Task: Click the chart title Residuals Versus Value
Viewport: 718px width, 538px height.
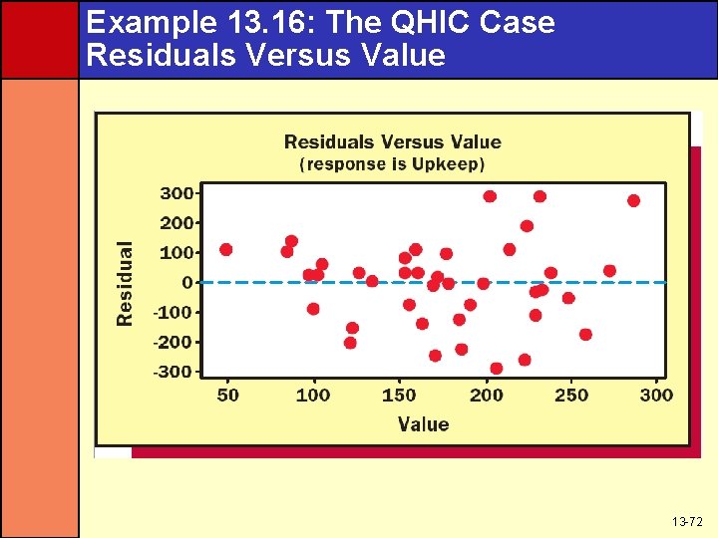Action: click(x=392, y=142)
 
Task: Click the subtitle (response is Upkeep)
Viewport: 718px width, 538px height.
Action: click(x=392, y=163)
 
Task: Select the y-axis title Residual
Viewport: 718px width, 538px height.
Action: click(x=126, y=283)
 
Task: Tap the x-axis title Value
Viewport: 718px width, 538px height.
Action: click(x=423, y=424)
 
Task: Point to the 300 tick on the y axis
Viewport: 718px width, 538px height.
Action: click(x=179, y=193)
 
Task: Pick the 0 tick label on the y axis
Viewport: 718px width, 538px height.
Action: click(x=186, y=283)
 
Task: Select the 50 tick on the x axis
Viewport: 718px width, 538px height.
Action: click(x=228, y=396)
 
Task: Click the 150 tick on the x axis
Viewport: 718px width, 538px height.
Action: click(x=399, y=396)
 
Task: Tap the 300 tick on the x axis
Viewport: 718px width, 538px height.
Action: click(x=656, y=396)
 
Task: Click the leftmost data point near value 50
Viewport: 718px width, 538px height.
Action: click(x=226, y=249)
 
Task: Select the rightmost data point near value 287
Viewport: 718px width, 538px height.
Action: click(x=633, y=200)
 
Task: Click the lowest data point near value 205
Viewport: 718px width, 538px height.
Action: click(x=497, y=368)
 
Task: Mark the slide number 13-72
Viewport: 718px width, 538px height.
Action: click(x=686, y=522)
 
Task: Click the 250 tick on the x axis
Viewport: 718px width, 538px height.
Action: click(x=571, y=396)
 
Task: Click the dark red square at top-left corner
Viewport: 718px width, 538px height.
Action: click(x=39, y=39)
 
